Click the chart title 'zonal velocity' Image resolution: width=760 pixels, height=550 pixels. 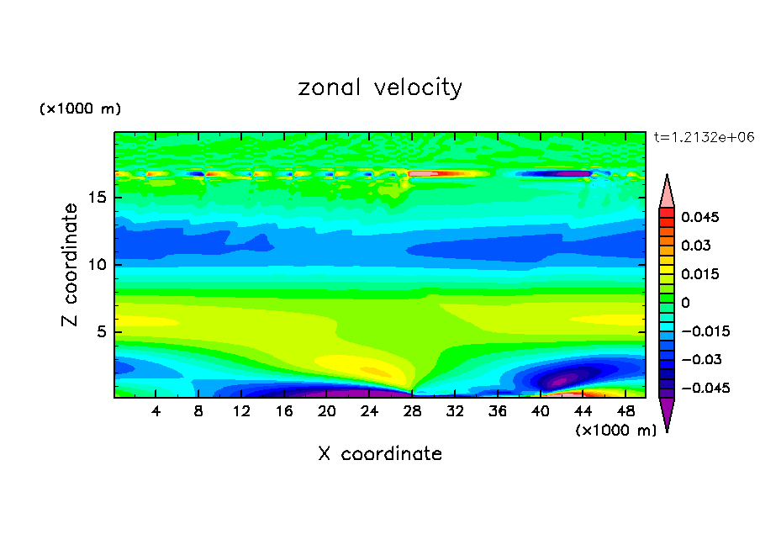(x=380, y=87)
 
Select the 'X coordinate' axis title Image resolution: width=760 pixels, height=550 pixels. (x=380, y=454)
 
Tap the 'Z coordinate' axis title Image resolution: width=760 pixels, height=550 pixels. (x=71, y=265)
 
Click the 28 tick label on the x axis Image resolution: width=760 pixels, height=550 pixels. (x=412, y=411)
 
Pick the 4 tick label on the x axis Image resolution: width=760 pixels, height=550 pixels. (x=156, y=411)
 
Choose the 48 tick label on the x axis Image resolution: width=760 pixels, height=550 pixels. (x=625, y=411)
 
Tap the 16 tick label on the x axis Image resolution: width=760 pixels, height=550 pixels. (x=284, y=411)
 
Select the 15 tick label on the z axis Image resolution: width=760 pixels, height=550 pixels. (x=96, y=198)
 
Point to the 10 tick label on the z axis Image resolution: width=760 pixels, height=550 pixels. (x=96, y=265)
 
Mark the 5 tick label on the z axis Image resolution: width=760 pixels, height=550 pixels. (x=100, y=331)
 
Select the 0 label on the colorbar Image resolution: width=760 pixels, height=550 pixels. (x=685, y=303)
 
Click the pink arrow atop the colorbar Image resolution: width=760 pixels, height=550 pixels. (x=667, y=191)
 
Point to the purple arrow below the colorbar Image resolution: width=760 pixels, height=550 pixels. (x=667, y=414)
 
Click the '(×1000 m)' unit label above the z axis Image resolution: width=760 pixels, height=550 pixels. (x=81, y=109)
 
